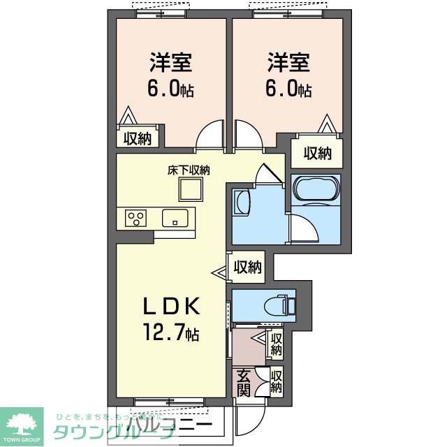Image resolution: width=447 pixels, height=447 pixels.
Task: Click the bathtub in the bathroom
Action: coord(316,189)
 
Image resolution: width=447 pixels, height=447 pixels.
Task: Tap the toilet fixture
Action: coord(286,305)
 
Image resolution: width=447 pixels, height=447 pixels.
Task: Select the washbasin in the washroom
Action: coord(240,203)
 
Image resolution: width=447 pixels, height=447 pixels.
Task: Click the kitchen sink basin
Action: coord(175,218)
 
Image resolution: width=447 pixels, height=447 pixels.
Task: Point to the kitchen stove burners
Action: coord(136,218)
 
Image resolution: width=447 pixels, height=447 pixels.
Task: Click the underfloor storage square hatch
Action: coord(189,189)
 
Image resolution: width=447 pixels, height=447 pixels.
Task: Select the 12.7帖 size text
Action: coord(172,333)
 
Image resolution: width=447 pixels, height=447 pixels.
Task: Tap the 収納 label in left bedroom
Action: coord(138,138)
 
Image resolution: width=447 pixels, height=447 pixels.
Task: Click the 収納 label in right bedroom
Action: coord(317,152)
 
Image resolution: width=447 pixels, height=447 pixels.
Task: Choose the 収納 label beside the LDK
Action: coord(247,266)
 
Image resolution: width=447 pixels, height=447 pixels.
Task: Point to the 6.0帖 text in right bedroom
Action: coord(288,89)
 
